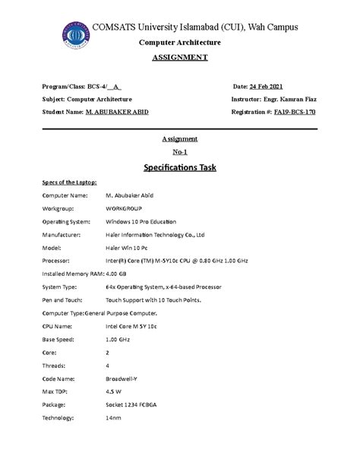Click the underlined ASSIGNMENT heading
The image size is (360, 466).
coord(180,58)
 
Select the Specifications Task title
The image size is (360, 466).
coord(180,167)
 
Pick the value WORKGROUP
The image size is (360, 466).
coord(124,208)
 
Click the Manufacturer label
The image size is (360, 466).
coord(62,234)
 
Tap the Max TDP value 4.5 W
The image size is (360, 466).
coord(114,392)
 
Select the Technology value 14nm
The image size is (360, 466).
coord(114,418)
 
